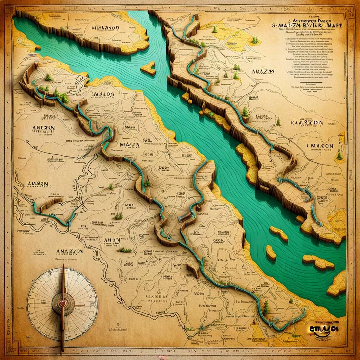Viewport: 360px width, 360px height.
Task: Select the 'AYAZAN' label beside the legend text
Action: click(263, 71)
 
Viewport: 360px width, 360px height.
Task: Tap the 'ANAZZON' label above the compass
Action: click(69, 251)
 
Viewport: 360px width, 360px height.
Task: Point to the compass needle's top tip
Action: click(63, 265)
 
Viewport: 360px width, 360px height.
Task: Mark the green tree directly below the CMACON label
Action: click(339, 155)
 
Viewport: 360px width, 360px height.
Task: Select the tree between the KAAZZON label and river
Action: click(278, 122)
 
